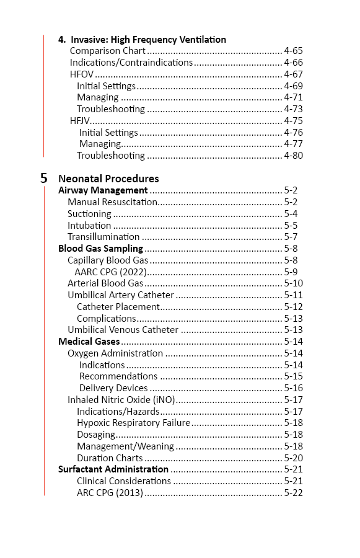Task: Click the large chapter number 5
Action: coord(44,178)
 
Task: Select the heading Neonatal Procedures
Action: coord(108,179)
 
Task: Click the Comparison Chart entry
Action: coord(108,51)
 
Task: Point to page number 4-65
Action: coord(293,51)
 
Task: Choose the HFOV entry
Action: coord(82,74)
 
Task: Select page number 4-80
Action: coord(293,155)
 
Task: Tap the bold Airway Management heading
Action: coord(103,190)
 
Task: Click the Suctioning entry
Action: coord(89,214)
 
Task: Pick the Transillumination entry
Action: coord(103,237)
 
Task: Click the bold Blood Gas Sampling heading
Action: coord(100,249)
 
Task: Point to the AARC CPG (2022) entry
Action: coord(108,272)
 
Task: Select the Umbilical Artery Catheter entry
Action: coord(121,295)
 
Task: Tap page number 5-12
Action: coord(293,306)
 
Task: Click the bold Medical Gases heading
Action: coord(89,342)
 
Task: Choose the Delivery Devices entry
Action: coord(113,388)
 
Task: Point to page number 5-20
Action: coord(293,458)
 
